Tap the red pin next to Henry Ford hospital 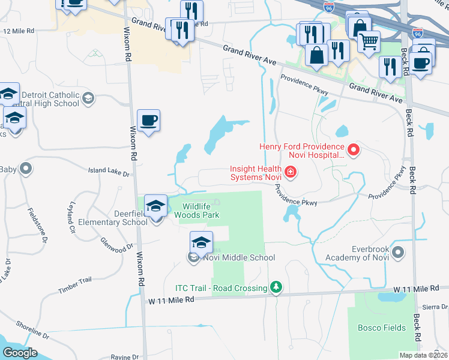354,149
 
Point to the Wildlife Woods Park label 200,210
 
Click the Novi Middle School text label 238,258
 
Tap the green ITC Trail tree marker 276,288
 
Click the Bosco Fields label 382,328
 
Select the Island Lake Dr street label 109,174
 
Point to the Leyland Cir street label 71,217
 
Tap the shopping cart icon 369,41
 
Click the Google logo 20,353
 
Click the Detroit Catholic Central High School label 50,99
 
